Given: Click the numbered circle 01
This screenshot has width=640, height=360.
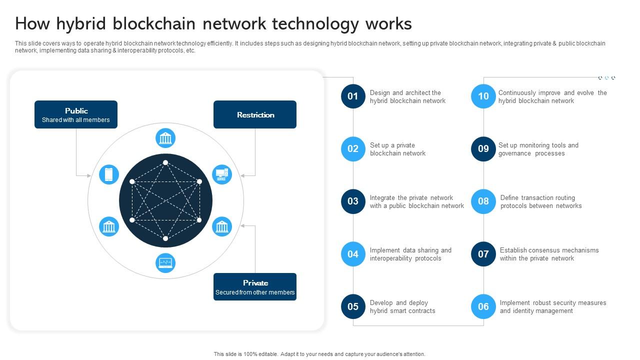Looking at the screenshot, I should pyautogui.click(x=353, y=96).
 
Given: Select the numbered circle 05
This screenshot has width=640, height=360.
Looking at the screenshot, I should pyautogui.click(x=353, y=306).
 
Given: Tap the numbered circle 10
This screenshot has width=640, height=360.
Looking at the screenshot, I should pyautogui.click(x=483, y=96).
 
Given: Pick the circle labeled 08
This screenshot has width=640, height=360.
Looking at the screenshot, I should pyautogui.click(x=483, y=201).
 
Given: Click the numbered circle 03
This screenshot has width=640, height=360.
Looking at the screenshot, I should pyautogui.click(x=353, y=201).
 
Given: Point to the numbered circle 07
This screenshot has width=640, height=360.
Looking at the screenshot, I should pyautogui.click(x=483, y=254).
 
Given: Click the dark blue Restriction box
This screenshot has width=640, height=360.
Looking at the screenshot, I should pyautogui.click(x=255, y=114).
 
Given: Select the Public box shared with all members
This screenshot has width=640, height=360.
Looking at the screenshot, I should pyautogui.click(x=76, y=114).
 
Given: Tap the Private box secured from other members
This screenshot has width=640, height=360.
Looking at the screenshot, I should pyautogui.click(x=255, y=286).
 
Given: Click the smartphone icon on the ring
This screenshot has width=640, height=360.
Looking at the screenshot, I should pyautogui.click(x=109, y=174).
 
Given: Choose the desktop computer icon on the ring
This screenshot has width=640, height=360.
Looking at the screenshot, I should pyautogui.click(x=222, y=174).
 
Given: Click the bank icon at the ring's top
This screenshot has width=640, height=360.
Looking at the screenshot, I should pyautogui.click(x=165, y=138).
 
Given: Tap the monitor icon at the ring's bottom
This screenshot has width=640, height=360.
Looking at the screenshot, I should pyautogui.click(x=165, y=262).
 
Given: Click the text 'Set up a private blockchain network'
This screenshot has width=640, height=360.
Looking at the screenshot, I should pyautogui.click(x=397, y=149).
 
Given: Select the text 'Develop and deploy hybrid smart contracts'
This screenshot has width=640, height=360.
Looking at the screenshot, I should pyautogui.click(x=402, y=306).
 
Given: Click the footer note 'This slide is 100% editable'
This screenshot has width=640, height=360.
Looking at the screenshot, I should pyautogui.click(x=319, y=354).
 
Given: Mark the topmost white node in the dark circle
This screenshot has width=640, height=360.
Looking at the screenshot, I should pyautogui.click(x=165, y=162).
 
